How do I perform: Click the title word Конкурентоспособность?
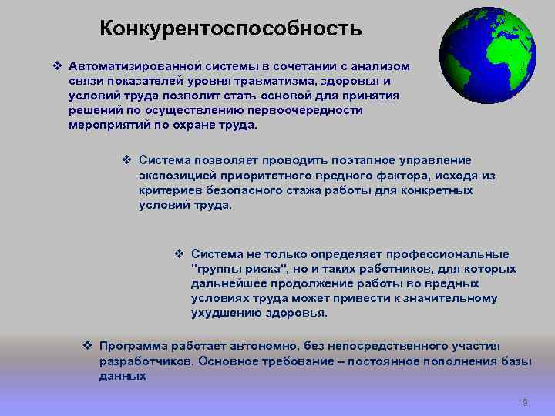pyautogui.click(x=230, y=29)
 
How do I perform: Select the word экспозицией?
pyautogui.click(x=176, y=176)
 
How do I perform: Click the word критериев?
pyautogui.click(x=168, y=190)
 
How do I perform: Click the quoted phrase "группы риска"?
pyautogui.click(x=239, y=269)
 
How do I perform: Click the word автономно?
pyautogui.click(x=255, y=347)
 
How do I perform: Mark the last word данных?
pyautogui.click(x=122, y=376)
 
